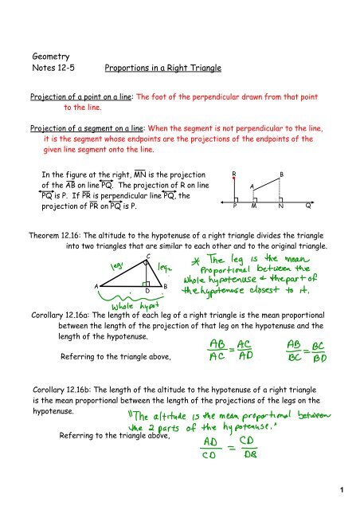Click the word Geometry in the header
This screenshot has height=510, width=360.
[x=50, y=57]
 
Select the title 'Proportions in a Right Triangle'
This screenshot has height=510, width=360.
[x=164, y=73]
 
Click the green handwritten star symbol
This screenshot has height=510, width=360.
[x=194, y=262]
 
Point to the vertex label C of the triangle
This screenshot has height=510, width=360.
[x=148, y=257]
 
